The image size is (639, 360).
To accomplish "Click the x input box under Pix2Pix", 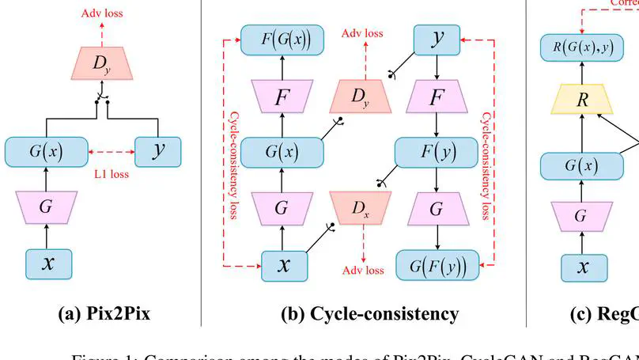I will (48, 265).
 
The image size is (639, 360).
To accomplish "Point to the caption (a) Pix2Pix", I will (104, 314).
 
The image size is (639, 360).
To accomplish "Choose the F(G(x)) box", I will (282, 40).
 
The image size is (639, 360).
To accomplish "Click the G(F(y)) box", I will (437, 265).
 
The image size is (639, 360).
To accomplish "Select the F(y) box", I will (437, 151).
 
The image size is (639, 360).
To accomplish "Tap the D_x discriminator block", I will (361, 208).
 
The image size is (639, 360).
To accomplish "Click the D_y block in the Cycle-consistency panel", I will (361, 97).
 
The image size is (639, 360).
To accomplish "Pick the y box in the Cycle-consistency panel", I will (437, 40).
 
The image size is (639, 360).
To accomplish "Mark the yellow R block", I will (583, 100).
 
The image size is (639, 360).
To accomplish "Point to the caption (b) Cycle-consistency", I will (369, 314).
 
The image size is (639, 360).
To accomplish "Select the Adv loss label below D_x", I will (362, 271).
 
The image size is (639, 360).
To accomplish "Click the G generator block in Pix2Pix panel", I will (48, 208).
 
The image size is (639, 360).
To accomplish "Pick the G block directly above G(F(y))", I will (437, 208).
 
